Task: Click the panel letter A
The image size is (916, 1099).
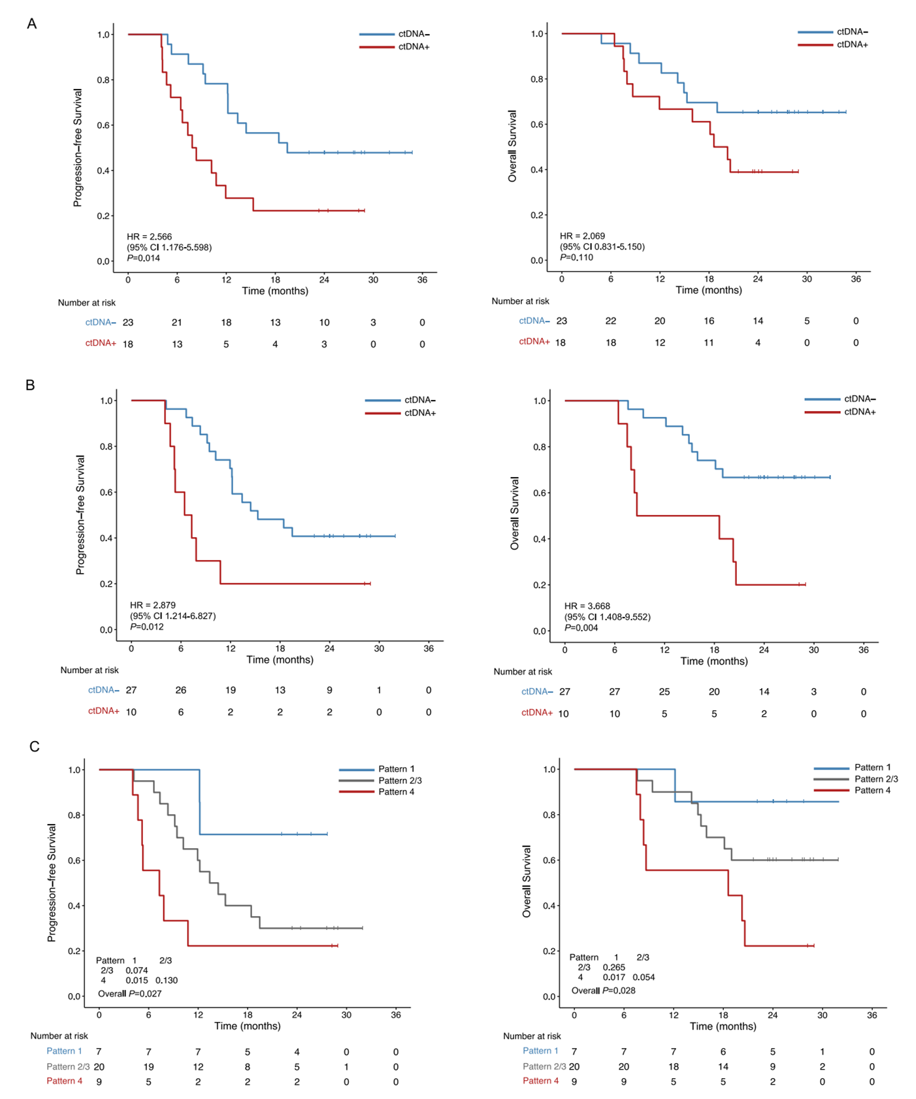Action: [31, 24]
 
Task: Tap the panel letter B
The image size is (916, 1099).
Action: [30, 385]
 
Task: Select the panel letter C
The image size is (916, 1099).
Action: [34, 746]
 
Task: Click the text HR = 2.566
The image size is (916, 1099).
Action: [150, 237]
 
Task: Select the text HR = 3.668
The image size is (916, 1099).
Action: [587, 606]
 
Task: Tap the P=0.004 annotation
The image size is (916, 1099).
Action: [581, 628]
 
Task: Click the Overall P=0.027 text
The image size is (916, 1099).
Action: [129, 994]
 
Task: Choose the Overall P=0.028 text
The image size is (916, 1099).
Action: [603, 991]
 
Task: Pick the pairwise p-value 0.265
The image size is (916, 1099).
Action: [614, 967]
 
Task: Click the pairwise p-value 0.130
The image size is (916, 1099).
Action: [167, 980]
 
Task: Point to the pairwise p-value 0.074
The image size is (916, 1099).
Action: [137, 970]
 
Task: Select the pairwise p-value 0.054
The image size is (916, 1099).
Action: [644, 977]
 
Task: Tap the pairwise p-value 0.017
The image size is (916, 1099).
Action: [614, 977]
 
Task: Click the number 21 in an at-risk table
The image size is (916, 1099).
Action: [176, 322]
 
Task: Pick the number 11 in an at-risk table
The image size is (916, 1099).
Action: [709, 342]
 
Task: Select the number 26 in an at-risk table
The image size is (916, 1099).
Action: [181, 690]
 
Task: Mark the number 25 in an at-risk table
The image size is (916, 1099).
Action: [664, 691]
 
